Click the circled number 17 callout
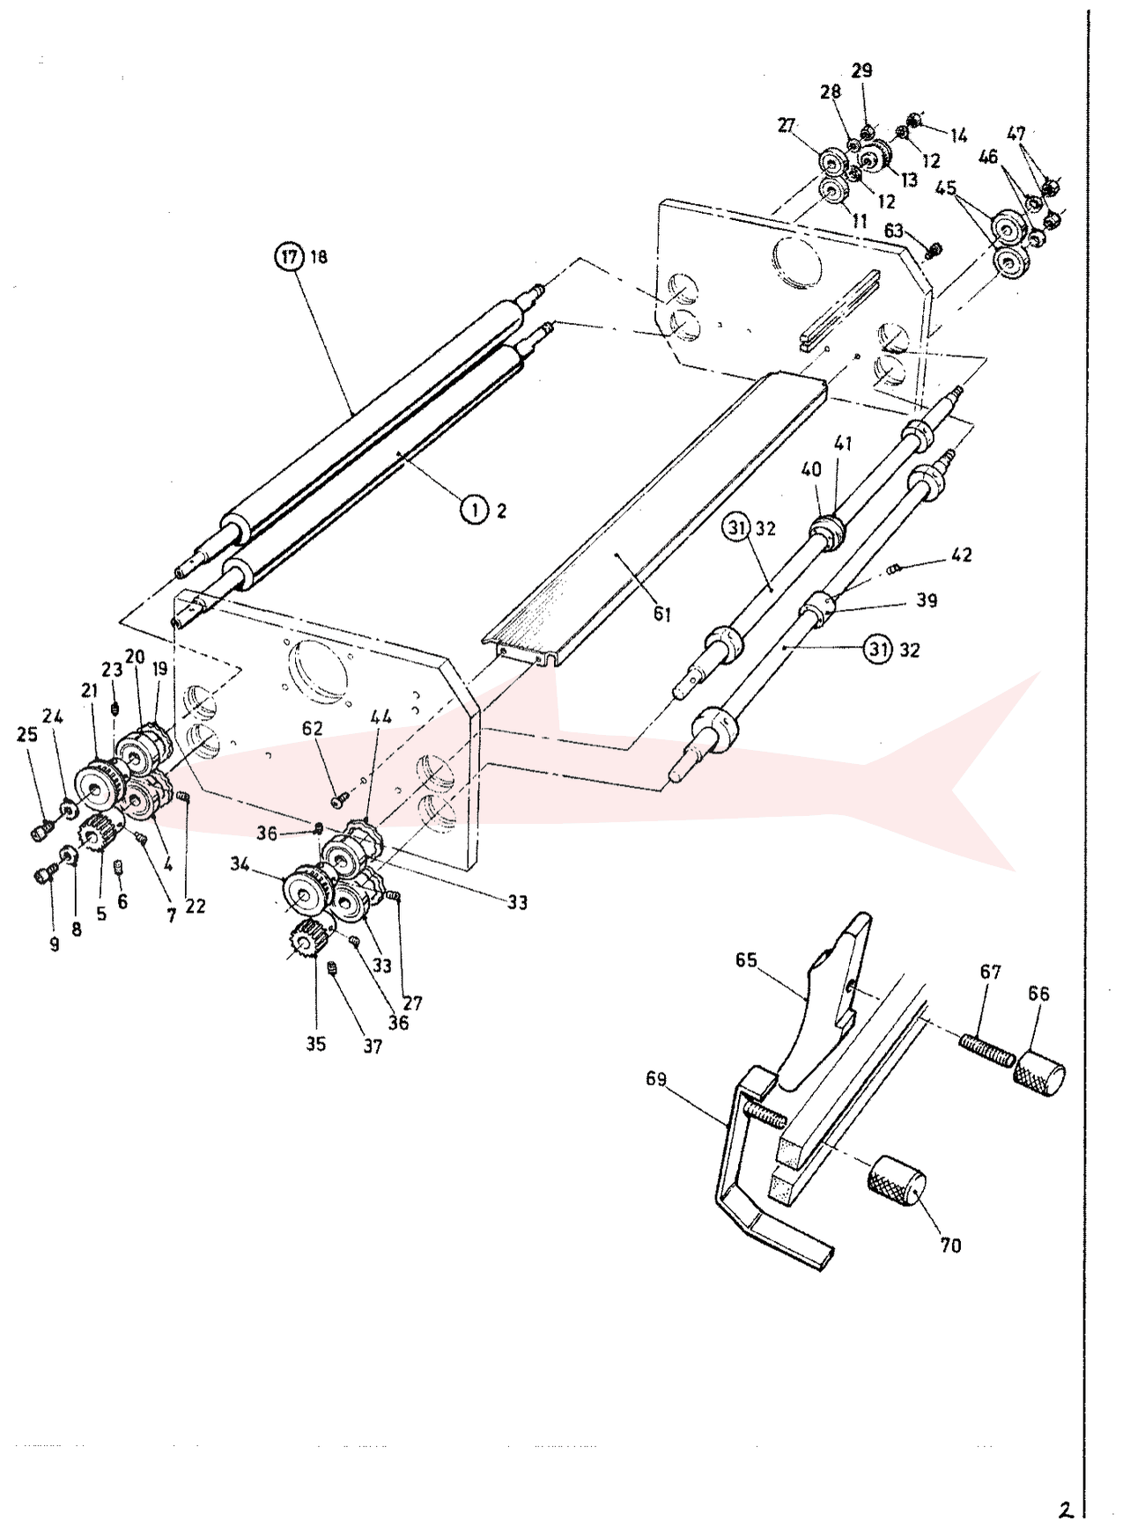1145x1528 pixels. pyautogui.click(x=288, y=257)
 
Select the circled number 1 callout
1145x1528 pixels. pyautogui.click(x=475, y=510)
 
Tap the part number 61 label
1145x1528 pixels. pyautogui.click(x=661, y=614)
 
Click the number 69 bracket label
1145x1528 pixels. pyautogui.click(x=656, y=1079)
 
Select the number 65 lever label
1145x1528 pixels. pyautogui.click(x=746, y=959)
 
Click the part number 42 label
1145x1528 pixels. pyautogui.click(x=962, y=555)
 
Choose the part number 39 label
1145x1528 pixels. pyautogui.click(x=927, y=600)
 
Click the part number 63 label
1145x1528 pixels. pyautogui.click(x=894, y=231)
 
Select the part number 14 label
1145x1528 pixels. pyautogui.click(x=958, y=136)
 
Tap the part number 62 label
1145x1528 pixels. pyautogui.click(x=313, y=729)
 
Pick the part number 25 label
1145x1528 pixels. pyautogui.click(x=27, y=734)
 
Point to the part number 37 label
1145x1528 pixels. pyautogui.click(x=373, y=1047)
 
